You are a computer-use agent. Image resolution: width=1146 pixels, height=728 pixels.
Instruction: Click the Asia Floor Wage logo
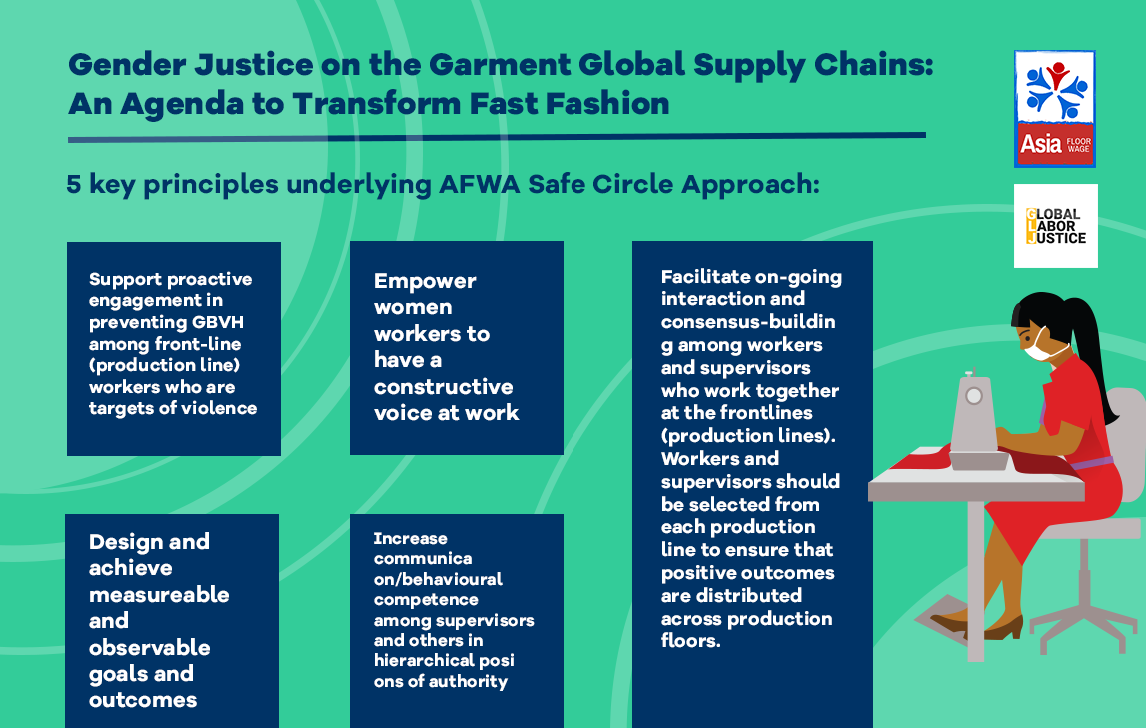point(1055,108)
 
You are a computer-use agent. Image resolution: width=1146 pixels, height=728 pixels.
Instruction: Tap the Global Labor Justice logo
point(1055,226)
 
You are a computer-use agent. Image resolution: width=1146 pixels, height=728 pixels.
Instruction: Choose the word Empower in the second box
point(425,281)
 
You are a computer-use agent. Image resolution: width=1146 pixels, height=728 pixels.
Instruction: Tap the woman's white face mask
point(1040,349)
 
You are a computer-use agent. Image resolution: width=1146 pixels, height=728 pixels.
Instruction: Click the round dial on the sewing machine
point(973,396)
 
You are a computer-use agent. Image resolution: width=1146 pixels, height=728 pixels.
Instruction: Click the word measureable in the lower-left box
point(159,595)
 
